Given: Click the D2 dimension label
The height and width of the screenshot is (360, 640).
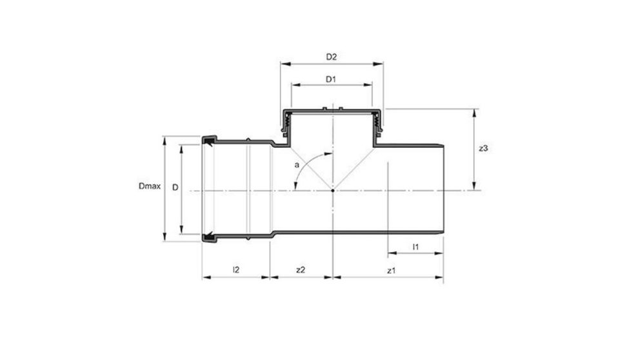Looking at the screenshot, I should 332,57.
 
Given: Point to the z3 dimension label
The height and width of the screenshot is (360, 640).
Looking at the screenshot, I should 484,148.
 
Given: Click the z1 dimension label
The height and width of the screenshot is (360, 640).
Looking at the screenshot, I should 391,271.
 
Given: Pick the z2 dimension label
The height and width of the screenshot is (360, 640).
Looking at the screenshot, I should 300,271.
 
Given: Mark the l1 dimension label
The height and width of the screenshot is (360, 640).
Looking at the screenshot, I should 416,247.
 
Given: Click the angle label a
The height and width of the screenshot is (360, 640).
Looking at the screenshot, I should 297,165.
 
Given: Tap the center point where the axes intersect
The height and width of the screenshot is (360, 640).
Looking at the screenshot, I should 332,190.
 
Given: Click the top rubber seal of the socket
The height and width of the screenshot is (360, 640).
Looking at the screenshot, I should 209,140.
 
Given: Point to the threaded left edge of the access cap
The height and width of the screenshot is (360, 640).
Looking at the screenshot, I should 285,122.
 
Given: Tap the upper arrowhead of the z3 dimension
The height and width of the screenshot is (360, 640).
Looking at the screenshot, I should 475,112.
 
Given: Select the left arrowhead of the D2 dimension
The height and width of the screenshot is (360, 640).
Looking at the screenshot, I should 283,64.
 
